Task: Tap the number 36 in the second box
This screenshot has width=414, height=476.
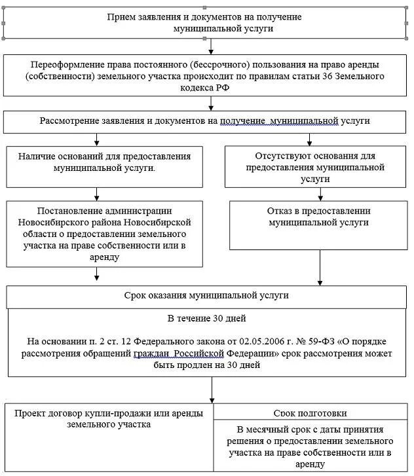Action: click(x=318, y=77)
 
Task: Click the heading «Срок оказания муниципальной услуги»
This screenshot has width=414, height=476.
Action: click(x=206, y=295)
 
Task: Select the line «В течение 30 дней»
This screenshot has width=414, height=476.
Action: click(x=206, y=319)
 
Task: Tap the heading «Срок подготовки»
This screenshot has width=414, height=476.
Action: click(x=310, y=413)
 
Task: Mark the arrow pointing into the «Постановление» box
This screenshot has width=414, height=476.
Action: click(x=97, y=194)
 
